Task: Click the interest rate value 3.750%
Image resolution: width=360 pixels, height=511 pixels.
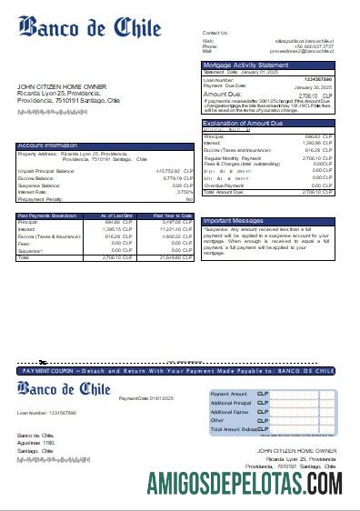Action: (x=185, y=192)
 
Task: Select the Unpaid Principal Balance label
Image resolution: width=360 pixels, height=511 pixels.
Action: (x=46, y=170)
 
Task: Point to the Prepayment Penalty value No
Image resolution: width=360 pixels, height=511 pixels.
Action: (x=190, y=199)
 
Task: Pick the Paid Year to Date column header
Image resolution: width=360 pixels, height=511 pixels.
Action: (x=176, y=215)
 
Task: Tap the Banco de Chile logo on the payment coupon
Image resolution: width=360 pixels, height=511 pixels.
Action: (x=64, y=390)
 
